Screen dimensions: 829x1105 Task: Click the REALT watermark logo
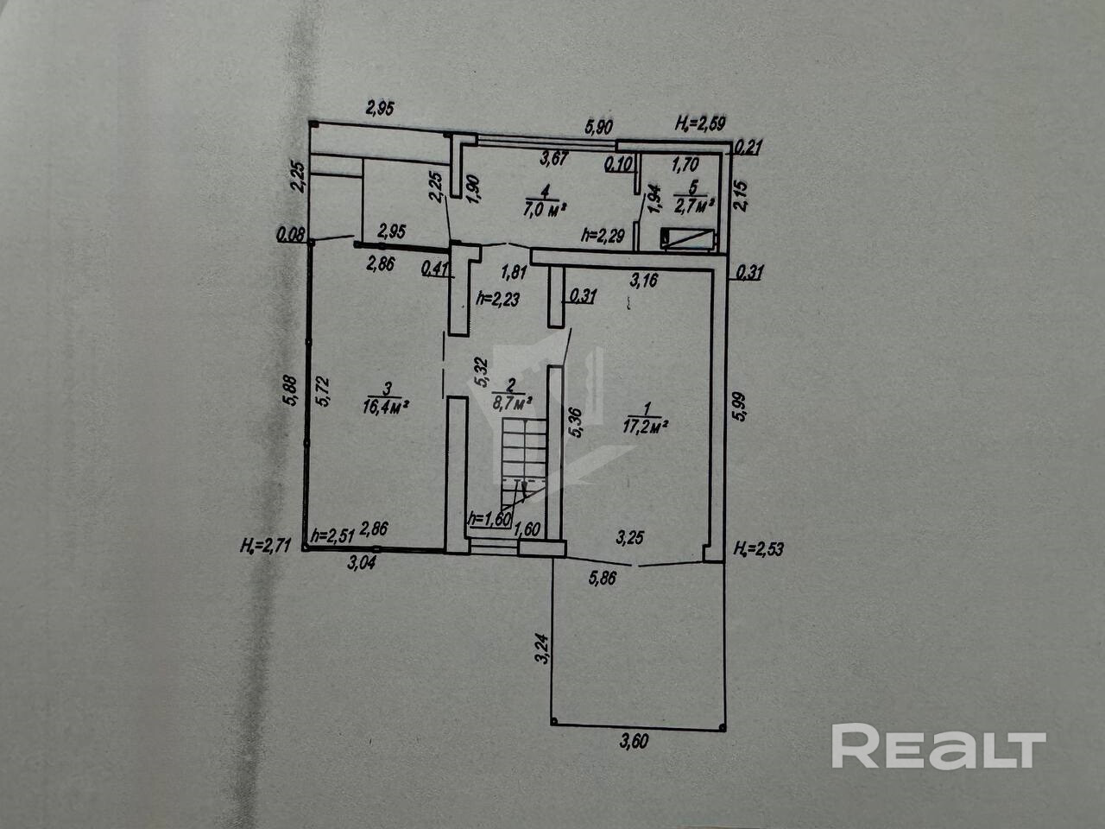(x=938, y=747)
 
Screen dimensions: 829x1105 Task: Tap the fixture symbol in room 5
(x=687, y=239)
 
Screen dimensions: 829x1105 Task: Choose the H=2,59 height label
(x=701, y=127)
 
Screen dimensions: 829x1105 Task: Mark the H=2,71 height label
(x=270, y=545)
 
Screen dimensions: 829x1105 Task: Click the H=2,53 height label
(x=759, y=548)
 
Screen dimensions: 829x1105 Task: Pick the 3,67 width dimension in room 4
(x=557, y=158)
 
